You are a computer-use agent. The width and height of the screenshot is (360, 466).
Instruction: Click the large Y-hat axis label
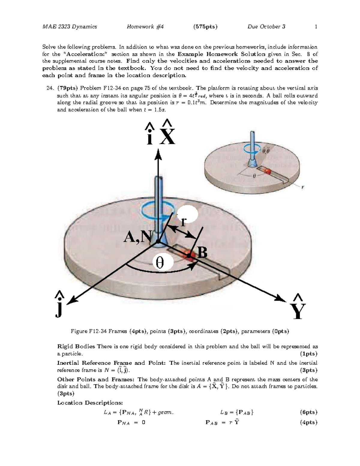click(298, 308)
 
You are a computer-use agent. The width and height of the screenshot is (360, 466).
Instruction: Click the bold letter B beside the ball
click(202, 253)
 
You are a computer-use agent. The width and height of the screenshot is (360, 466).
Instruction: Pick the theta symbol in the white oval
click(160, 263)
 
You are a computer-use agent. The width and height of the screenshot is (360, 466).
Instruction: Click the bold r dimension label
click(184, 221)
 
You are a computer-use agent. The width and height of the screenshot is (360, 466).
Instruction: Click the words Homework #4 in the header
click(145, 27)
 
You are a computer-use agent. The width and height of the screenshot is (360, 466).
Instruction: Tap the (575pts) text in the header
click(205, 27)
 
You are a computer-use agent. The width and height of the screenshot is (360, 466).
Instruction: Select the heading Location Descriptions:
click(90, 403)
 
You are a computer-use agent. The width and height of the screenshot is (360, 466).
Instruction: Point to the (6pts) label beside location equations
click(309, 412)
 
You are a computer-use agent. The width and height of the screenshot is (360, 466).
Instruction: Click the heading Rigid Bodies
click(76, 347)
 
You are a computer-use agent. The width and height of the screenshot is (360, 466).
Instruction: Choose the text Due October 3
click(266, 27)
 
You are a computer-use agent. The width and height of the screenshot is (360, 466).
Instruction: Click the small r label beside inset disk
click(303, 187)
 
